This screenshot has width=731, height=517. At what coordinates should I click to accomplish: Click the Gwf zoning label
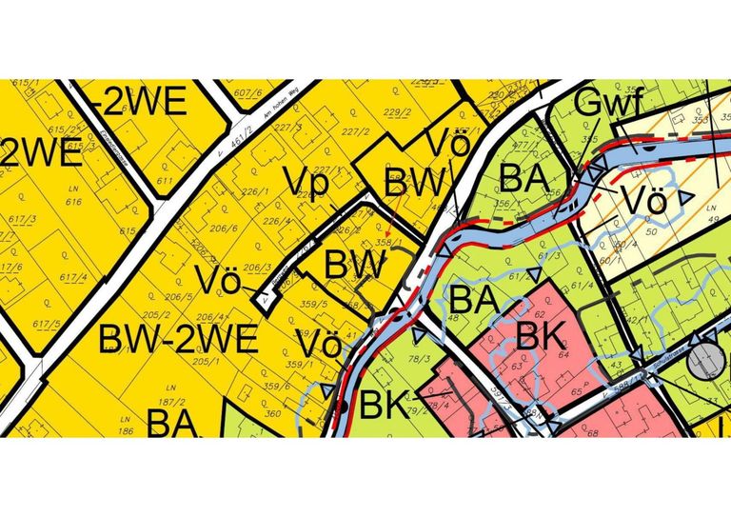(610, 101)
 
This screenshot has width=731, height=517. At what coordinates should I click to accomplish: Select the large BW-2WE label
(178, 340)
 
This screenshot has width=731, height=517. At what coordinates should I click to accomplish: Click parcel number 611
(165, 181)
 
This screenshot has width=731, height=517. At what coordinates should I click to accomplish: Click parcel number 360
(272, 414)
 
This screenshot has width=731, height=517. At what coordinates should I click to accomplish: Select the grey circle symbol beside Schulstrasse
(706, 358)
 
